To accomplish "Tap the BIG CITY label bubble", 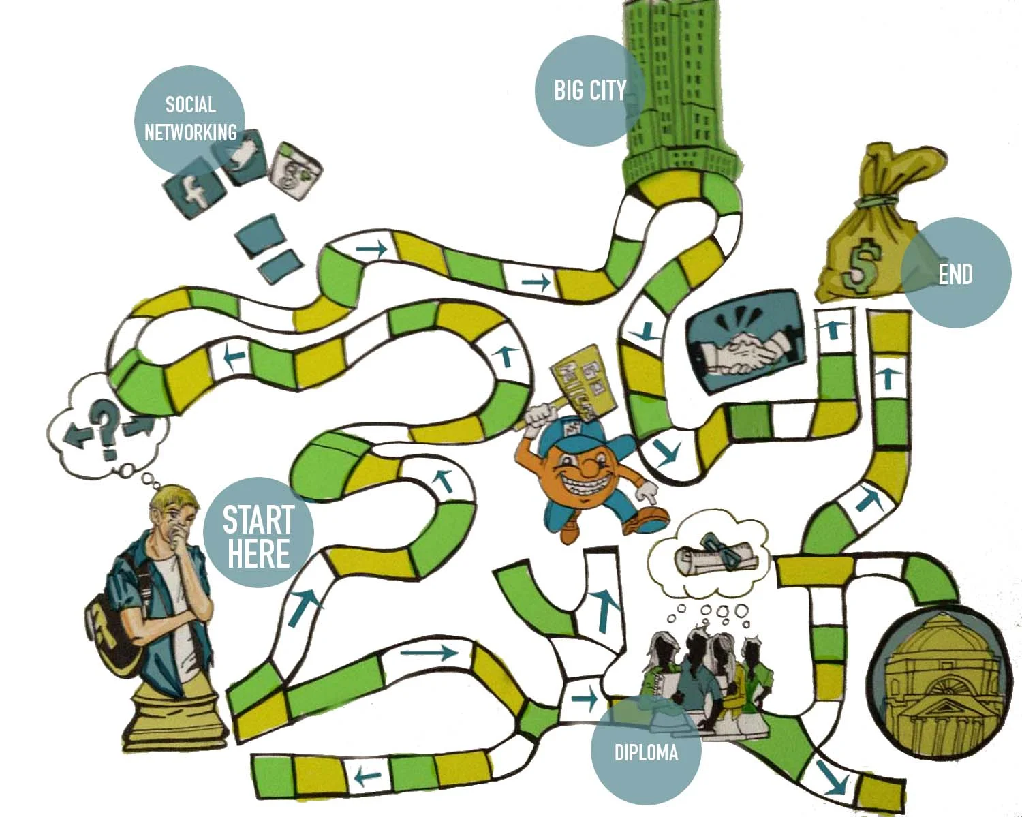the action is [589, 90].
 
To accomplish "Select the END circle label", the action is [955, 273].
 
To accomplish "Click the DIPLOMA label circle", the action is [645, 752].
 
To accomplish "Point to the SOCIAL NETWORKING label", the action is [190, 119].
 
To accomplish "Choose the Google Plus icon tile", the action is [296, 170].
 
